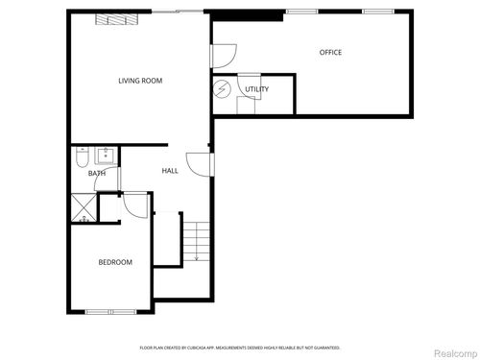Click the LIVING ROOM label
click(140, 81)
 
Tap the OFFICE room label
click(330, 52)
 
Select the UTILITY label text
click(256, 89)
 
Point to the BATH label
click(97, 173)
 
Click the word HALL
click(170, 171)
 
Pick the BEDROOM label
click(115, 262)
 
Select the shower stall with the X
click(83, 208)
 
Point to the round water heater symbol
click(223, 89)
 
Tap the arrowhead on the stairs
click(196, 258)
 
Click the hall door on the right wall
click(200, 164)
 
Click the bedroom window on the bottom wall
click(110, 311)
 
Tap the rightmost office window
click(377, 12)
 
